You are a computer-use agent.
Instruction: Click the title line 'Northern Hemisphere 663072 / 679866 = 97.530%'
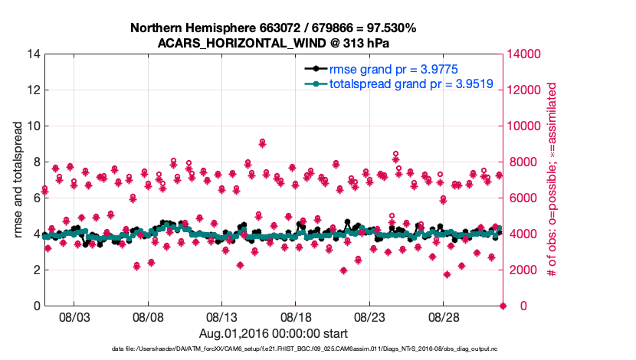pos(273,28)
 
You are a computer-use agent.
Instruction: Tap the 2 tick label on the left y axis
pos(35,270)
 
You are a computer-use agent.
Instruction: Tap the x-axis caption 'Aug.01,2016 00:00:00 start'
pos(273,333)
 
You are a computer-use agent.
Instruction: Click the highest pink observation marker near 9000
pos(263,143)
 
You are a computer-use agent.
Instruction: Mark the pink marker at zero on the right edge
pos(503,306)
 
